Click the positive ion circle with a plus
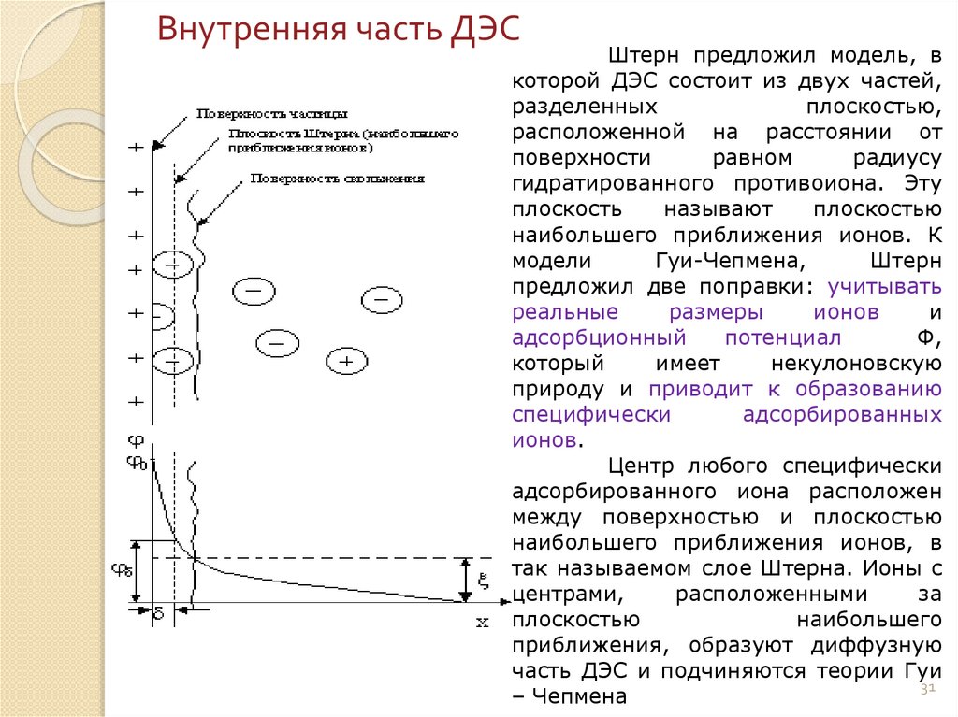(x=346, y=360)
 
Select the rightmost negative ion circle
(x=382, y=300)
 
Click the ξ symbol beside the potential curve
(x=484, y=580)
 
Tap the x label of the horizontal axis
(x=483, y=622)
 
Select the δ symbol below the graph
(x=158, y=614)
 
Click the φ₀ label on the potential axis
(x=137, y=462)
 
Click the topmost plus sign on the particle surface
(x=137, y=148)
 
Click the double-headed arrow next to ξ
(x=466, y=579)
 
